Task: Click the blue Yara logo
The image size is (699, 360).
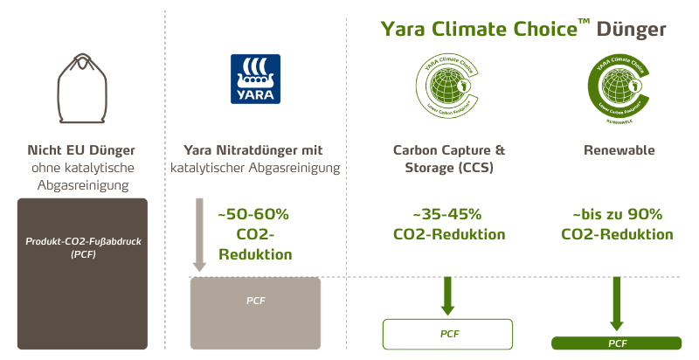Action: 255,80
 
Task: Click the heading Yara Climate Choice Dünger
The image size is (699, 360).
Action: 523,28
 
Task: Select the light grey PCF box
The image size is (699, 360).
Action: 255,312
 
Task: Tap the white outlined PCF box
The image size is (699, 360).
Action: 447,333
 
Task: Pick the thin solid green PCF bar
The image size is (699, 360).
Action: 617,343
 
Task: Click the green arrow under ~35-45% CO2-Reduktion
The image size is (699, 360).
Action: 447,295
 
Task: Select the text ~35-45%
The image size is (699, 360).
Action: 449,215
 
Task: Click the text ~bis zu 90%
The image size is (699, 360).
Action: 617,215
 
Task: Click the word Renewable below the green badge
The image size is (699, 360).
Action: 619,151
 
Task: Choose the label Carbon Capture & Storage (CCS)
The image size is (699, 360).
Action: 449,159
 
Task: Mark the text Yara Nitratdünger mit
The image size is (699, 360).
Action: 255,151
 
